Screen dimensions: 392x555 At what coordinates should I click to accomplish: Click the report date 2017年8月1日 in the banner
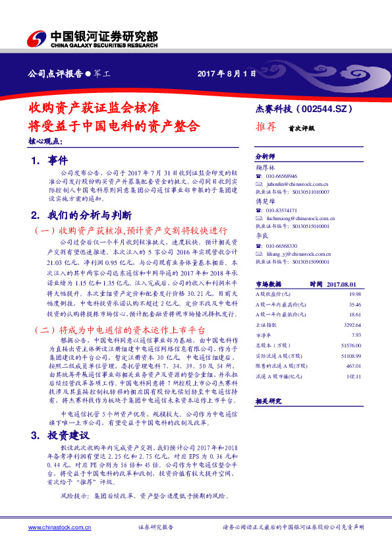coord(226,74)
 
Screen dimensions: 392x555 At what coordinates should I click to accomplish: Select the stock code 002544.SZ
coord(327,109)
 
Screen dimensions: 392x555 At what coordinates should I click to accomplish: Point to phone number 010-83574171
coord(282,210)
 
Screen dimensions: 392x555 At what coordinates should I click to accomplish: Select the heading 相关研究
coord(268,401)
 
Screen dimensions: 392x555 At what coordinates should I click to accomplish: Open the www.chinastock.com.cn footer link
coord(56,527)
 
